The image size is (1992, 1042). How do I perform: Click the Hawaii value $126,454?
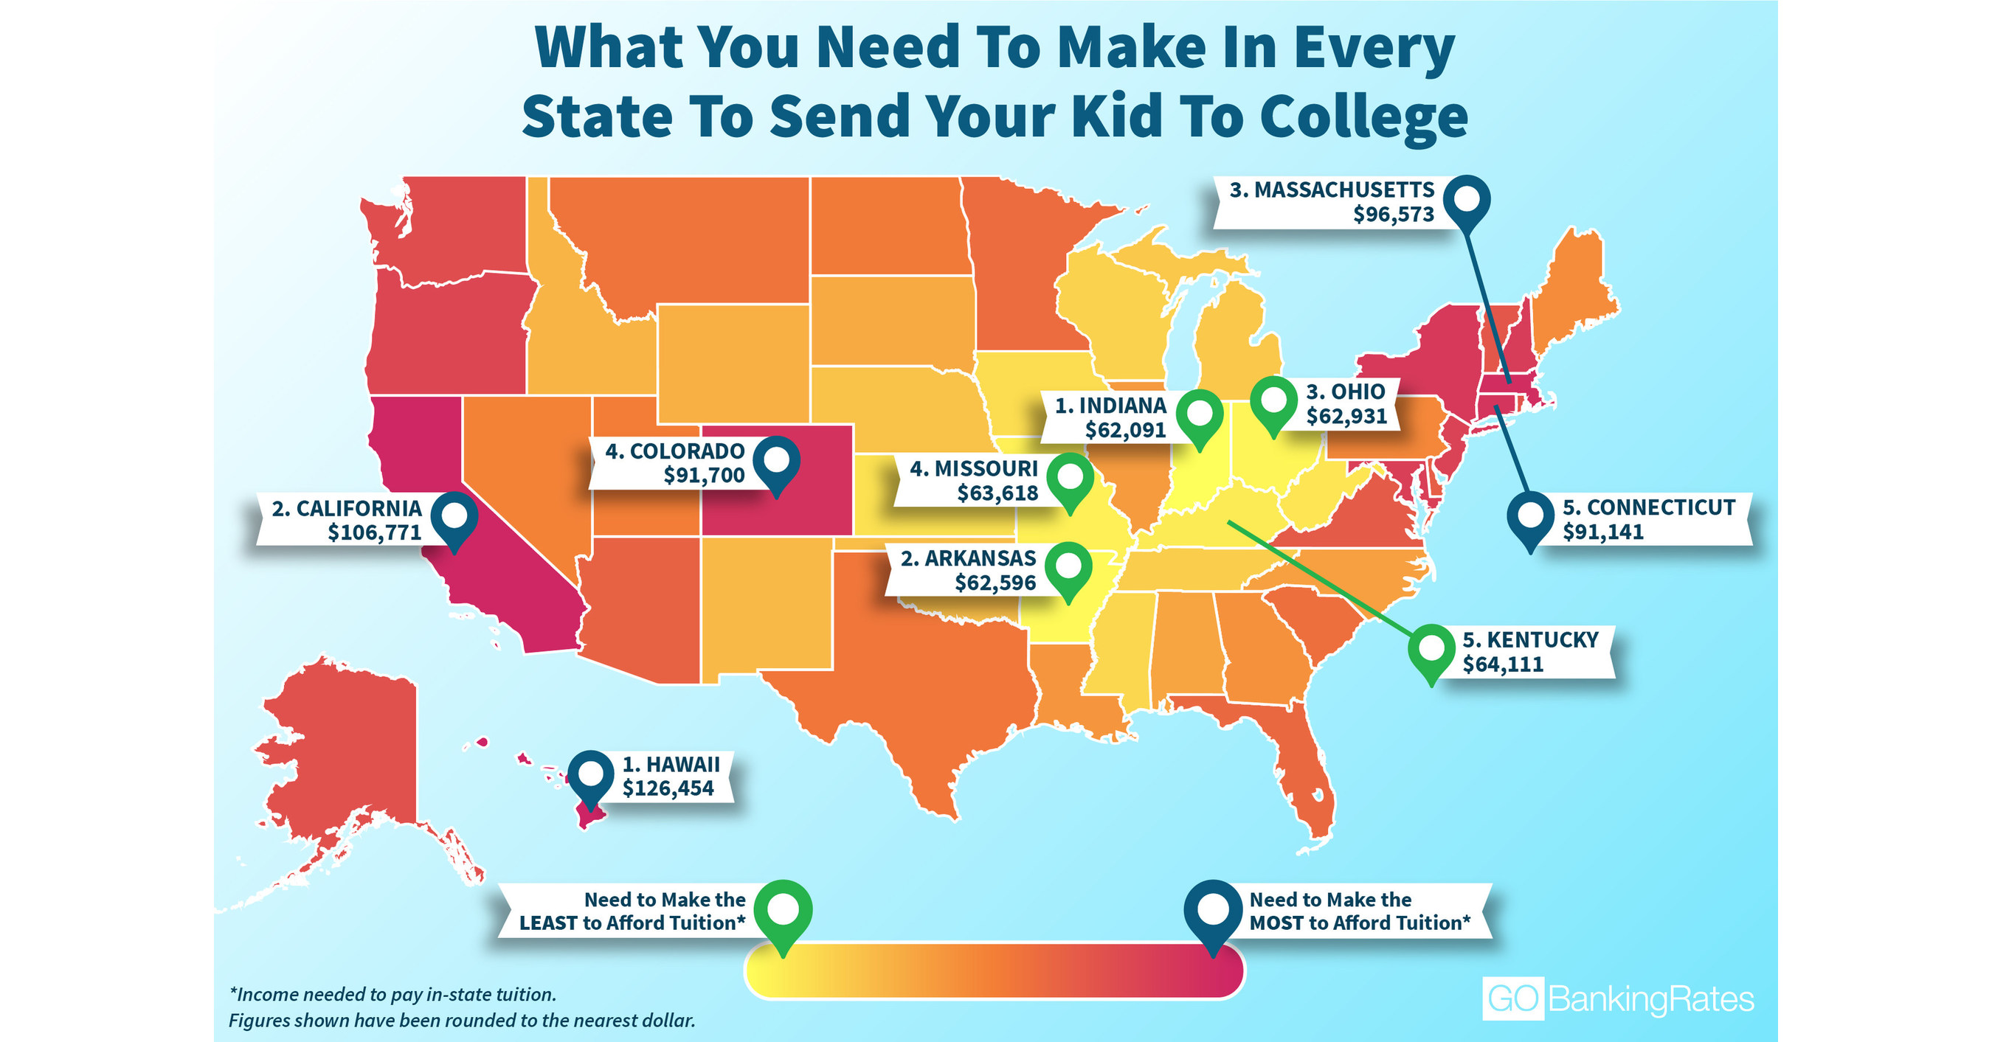pyautogui.click(x=668, y=788)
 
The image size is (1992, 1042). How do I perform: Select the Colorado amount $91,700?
pyautogui.click(x=704, y=475)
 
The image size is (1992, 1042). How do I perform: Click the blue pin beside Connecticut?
pyautogui.click(x=1530, y=515)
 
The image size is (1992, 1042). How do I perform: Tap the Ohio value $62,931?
pyautogui.click(x=1346, y=416)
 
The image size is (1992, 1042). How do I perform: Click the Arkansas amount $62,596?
pyautogui.click(x=995, y=583)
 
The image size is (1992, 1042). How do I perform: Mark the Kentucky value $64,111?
pyautogui.click(x=1503, y=664)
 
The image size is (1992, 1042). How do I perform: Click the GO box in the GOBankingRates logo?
pyautogui.click(x=1512, y=998)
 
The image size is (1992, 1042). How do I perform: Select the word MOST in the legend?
pyautogui.click(x=1276, y=923)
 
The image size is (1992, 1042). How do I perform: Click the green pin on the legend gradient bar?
pyautogui.click(x=783, y=911)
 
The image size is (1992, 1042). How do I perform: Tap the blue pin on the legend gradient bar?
pyautogui.click(x=1214, y=911)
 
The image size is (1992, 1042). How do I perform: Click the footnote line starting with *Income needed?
pyautogui.click(x=392, y=994)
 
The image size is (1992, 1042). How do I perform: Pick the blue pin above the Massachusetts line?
pyautogui.click(x=1467, y=199)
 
